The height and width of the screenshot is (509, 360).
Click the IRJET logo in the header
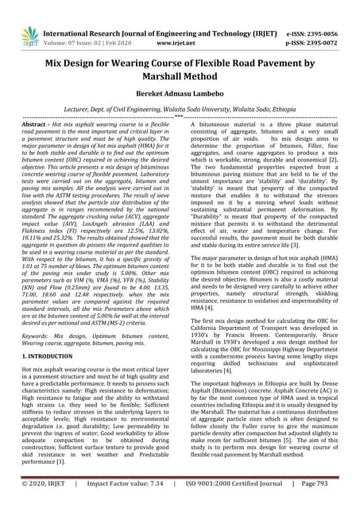point(30,35)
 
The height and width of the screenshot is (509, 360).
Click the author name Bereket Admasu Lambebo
point(180,92)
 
